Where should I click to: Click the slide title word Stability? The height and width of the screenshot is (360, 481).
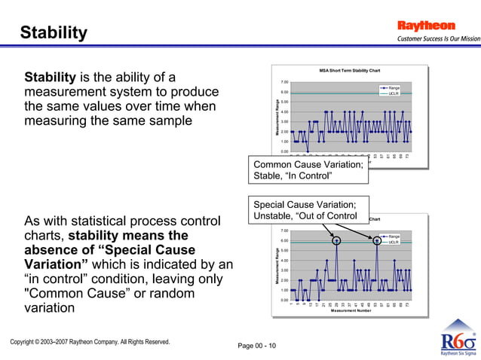54,33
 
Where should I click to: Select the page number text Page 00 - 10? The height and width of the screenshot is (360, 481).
257,346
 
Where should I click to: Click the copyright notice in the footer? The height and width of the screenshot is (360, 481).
90,342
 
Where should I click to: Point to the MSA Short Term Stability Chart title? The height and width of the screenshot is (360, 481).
349,71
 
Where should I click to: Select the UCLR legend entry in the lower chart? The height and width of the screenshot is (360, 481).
393,243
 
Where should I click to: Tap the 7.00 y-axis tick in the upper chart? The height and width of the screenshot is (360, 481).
283,82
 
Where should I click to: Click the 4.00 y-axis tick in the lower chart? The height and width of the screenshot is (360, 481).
283,261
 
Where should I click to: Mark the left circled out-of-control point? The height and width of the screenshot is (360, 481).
336,240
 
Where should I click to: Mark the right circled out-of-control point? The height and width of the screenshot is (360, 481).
376,240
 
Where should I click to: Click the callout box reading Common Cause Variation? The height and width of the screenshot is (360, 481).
308,170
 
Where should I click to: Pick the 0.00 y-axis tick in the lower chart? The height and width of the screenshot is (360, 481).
283,300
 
